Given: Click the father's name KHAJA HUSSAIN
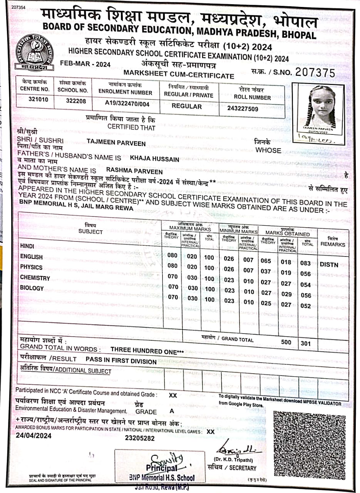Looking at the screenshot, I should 155,159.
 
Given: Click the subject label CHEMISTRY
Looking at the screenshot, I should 35,278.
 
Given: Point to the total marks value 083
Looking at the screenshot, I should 306,263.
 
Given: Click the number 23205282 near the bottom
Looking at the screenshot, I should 140,438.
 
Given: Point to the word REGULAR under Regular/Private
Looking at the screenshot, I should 187,106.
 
